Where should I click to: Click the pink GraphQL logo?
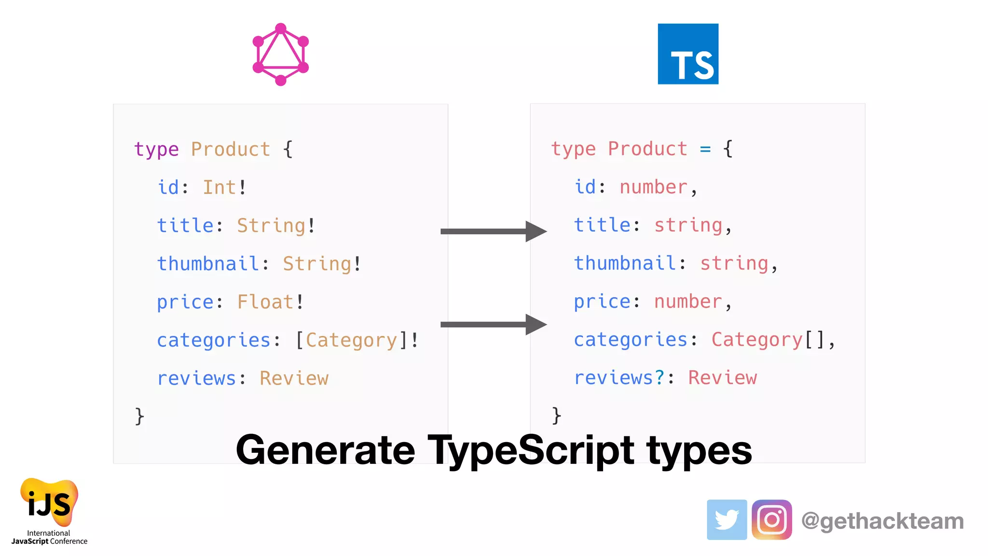(x=280, y=55)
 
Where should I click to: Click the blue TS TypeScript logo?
(x=688, y=54)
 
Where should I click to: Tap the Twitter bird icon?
(x=727, y=520)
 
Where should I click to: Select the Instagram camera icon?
(x=771, y=520)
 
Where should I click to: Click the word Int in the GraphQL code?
(x=220, y=187)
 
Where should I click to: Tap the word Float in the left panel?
(x=265, y=302)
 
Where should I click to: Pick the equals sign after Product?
(x=705, y=149)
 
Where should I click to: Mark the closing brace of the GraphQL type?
(x=139, y=416)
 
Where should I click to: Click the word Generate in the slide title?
(x=325, y=450)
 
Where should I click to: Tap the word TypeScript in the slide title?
(x=531, y=450)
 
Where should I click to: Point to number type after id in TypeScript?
(x=653, y=187)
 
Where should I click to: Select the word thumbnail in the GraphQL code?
(x=208, y=264)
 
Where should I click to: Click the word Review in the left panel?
(x=294, y=378)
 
